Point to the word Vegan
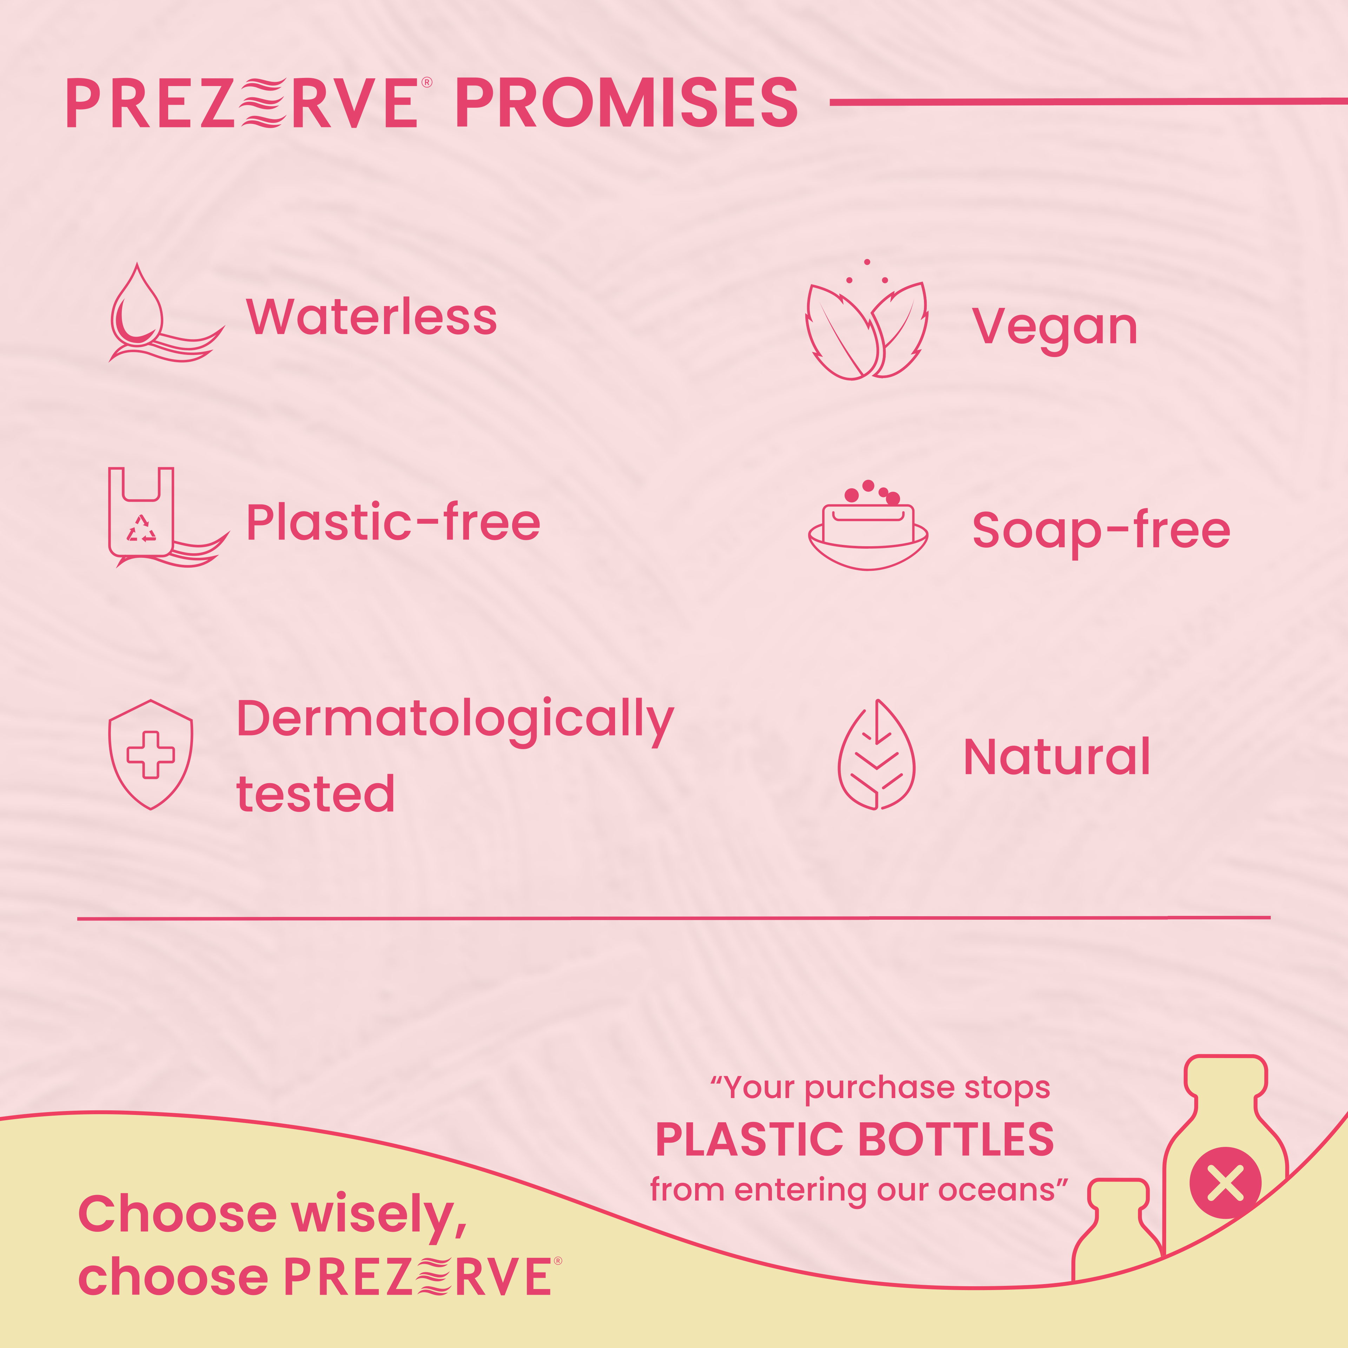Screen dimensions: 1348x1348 (x=1054, y=328)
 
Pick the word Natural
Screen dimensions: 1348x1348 (x=1056, y=757)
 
